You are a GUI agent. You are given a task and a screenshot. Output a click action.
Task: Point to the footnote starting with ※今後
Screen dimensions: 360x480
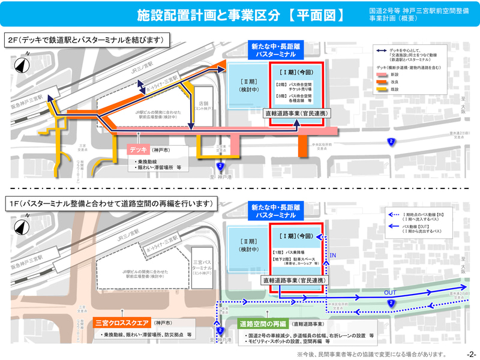[x=372, y=354]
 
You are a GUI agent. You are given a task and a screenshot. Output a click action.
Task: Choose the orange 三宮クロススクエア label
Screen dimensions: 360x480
[x=123, y=323]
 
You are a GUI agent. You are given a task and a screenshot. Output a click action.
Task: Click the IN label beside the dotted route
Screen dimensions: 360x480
[x=334, y=257]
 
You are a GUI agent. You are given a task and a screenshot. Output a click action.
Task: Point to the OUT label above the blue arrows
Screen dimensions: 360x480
[x=391, y=292]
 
